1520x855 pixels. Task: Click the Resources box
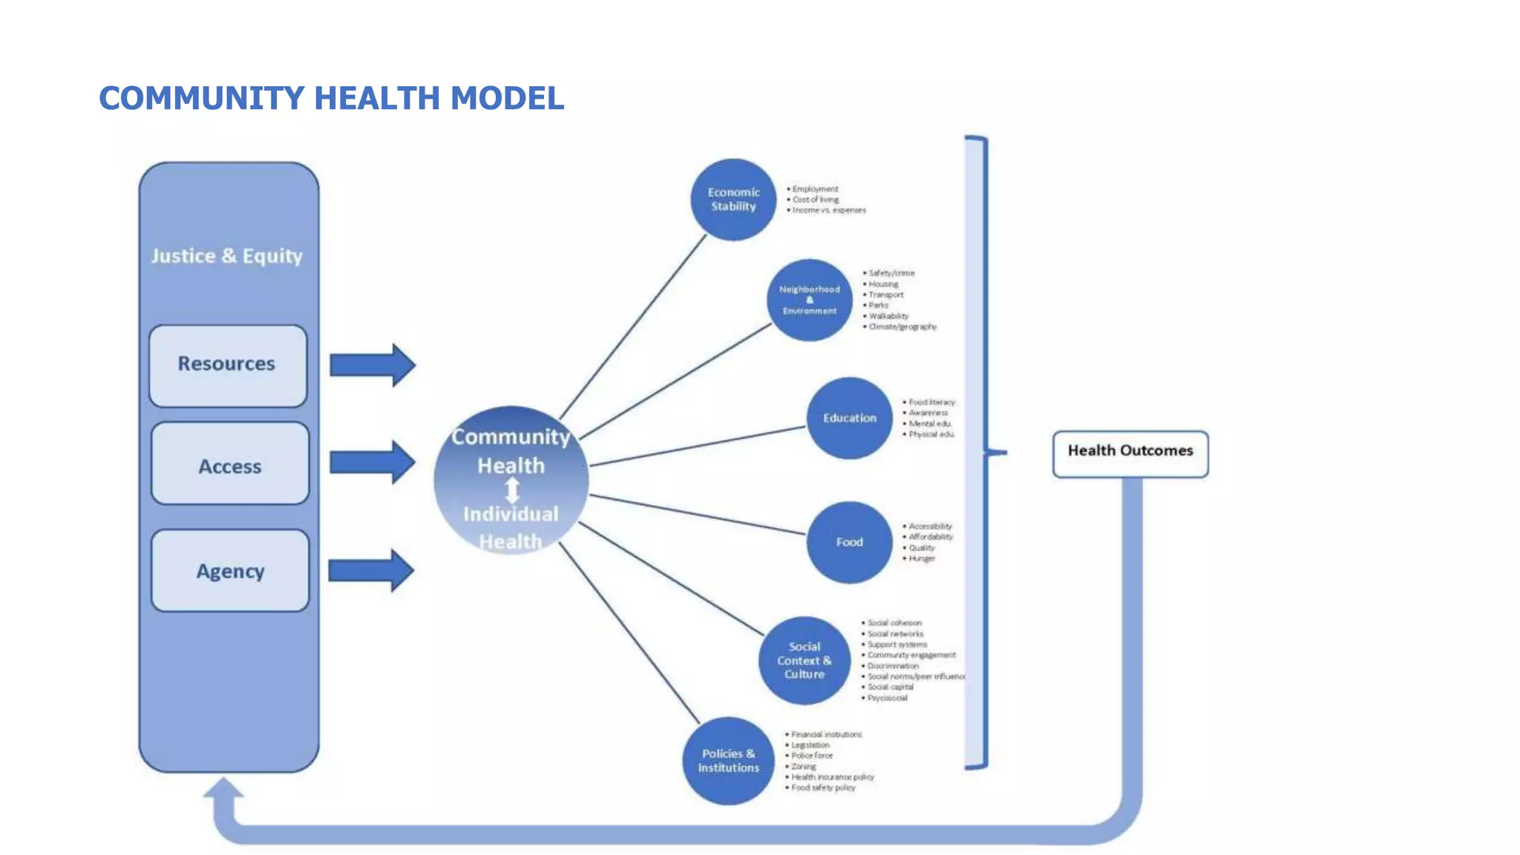[x=228, y=365]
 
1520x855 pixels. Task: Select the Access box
[x=230, y=464]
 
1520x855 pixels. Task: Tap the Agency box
[x=230, y=571]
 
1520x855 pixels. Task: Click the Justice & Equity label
[x=226, y=256]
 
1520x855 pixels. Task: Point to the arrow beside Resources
[x=372, y=364]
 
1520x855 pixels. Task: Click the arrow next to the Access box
[x=372, y=462]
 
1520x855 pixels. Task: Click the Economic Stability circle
[x=733, y=200]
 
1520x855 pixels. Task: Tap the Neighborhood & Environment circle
[x=809, y=300]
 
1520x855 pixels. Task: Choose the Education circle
[x=849, y=418]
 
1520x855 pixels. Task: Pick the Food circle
[x=849, y=542]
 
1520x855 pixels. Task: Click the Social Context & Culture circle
[x=805, y=660]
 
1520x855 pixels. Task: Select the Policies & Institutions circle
[x=728, y=760]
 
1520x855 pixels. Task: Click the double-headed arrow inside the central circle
[x=512, y=490]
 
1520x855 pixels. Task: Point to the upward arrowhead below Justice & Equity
[x=223, y=788]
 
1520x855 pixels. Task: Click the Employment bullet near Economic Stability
[x=815, y=189]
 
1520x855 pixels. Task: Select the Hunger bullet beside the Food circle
[x=922, y=558]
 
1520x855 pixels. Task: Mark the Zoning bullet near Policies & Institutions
[x=803, y=766]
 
